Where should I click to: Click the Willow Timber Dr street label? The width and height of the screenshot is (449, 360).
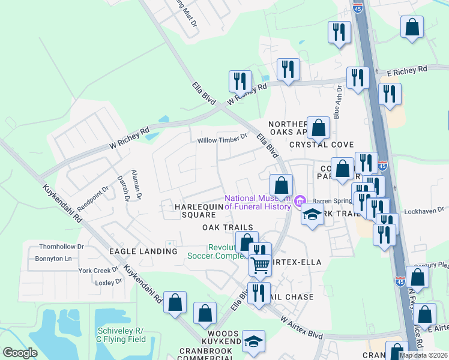222,139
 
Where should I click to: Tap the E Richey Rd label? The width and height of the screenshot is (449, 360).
406,71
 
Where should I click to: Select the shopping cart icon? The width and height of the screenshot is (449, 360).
259,264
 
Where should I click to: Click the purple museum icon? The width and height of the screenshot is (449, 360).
299,201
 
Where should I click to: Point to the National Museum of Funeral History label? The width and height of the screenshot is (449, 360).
258,202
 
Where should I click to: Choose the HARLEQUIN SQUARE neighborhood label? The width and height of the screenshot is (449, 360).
190,211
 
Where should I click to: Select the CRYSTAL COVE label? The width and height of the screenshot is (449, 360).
321,145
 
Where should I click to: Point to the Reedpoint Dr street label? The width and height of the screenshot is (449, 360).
92,196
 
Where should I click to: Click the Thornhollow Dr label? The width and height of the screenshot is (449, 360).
59,247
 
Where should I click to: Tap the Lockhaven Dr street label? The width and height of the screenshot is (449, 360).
423,210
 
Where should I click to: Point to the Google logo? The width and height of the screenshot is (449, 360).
20,353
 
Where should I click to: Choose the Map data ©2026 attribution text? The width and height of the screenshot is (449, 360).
423,355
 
